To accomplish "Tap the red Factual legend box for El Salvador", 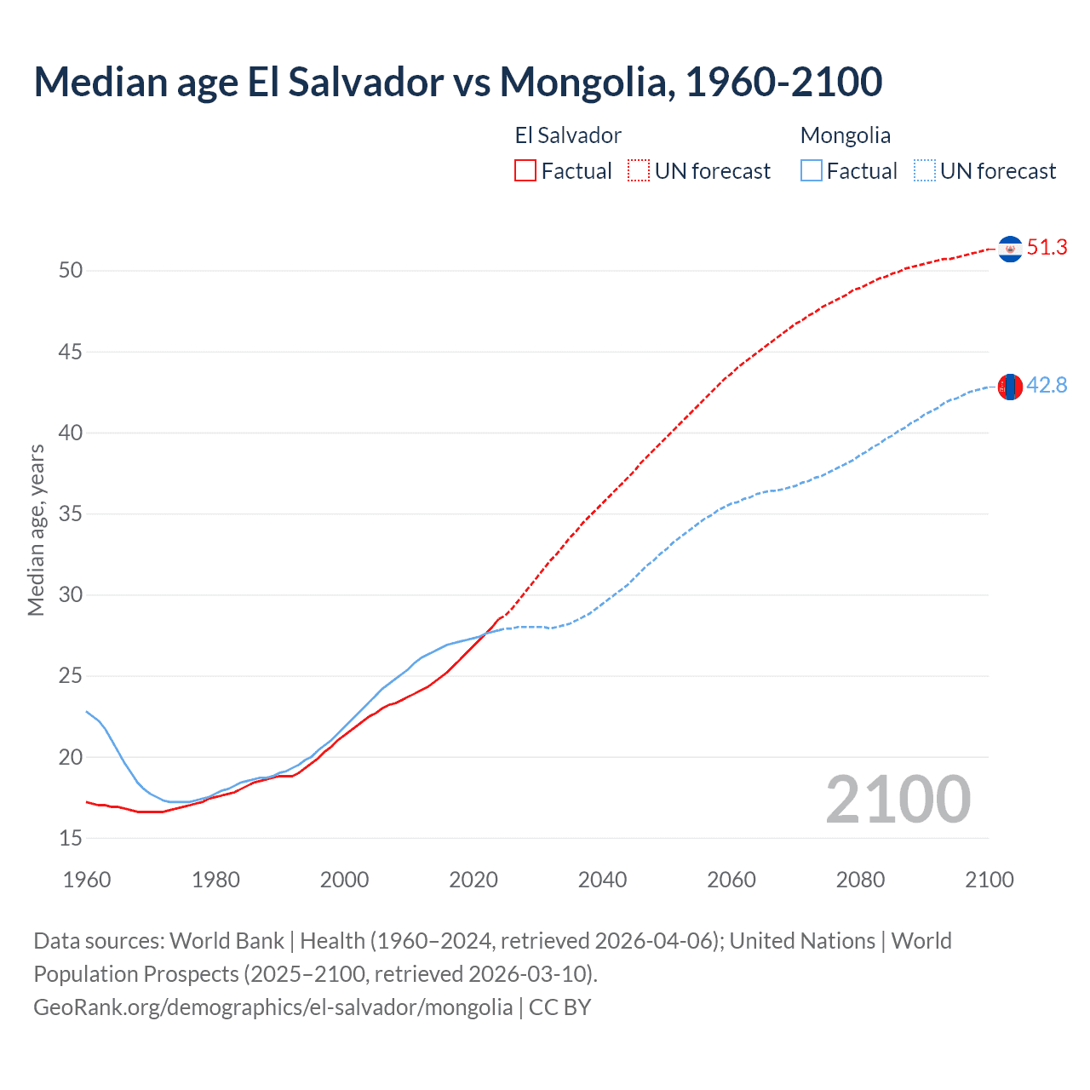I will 525,170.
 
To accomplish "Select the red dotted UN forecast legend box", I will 639,170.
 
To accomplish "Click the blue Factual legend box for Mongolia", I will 812,170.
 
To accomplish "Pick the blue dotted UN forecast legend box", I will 925,170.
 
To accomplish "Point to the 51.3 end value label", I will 1047,248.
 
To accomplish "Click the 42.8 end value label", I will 1047,386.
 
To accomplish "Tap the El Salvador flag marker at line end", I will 1010,249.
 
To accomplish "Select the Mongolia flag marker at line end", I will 1010,387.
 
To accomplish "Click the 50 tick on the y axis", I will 71,271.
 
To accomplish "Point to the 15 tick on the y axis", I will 71,838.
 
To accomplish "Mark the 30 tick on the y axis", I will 71,594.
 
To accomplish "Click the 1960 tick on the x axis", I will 87,880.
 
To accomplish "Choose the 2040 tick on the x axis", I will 602,880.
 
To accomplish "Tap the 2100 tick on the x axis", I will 989,880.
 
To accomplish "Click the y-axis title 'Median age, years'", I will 36,530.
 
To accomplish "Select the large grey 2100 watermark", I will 898,799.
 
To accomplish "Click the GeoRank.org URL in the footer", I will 272,1007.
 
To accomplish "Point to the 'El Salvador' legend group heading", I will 568,135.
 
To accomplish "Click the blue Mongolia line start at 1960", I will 88,712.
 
